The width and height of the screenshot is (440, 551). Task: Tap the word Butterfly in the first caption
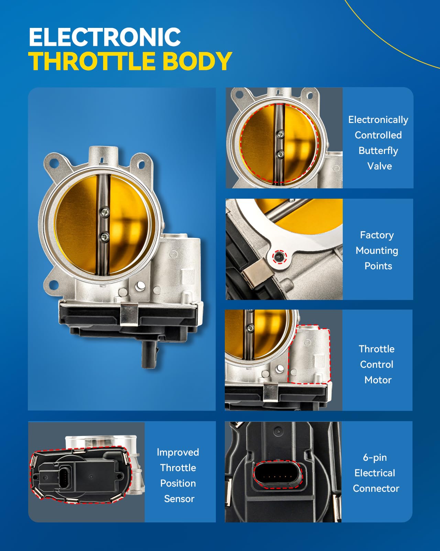tap(378, 150)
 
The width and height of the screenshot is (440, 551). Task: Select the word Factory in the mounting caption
tap(377, 235)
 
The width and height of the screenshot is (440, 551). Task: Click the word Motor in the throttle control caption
tap(378, 380)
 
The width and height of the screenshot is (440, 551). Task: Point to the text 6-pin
tap(375, 457)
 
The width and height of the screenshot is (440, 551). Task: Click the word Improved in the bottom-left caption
tap(178, 452)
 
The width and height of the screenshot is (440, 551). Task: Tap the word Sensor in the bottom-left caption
tap(179, 499)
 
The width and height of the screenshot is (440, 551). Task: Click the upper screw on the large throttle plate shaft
tap(104, 212)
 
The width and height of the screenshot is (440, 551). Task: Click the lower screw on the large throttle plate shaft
tap(103, 236)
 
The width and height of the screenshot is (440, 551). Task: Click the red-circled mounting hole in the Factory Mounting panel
tap(279, 256)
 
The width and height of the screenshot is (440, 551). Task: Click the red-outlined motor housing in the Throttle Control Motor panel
tap(309, 355)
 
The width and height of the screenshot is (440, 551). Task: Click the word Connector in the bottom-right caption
tap(376, 488)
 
